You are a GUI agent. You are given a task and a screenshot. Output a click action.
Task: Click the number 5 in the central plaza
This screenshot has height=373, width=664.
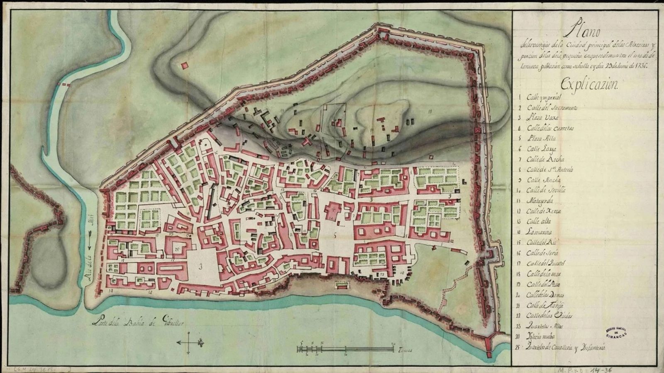pos(334,237)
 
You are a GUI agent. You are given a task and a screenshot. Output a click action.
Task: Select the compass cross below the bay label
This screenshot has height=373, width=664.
pos(190,342)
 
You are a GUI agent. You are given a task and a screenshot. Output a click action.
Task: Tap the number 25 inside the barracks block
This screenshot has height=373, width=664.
pos(176,249)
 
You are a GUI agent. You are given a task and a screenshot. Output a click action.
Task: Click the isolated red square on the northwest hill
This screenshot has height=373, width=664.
pos(185,65)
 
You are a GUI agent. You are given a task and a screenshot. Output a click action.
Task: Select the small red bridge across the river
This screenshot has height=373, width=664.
pos(65,84)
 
